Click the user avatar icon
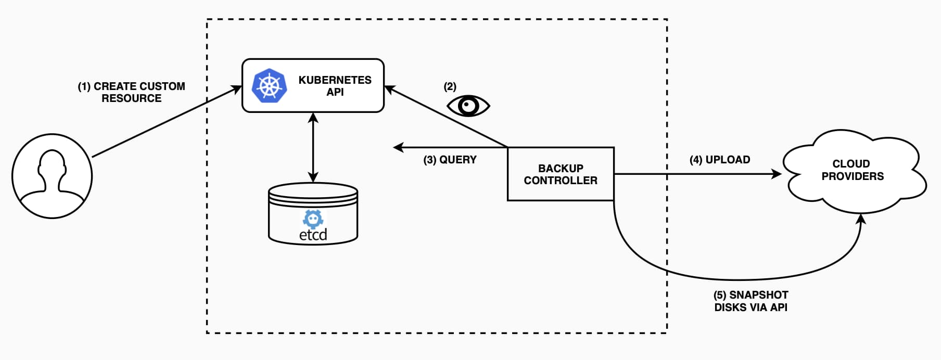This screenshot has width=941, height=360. (x=52, y=176)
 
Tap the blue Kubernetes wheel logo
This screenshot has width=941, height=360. (x=269, y=85)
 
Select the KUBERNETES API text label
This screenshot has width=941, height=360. (x=335, y=86)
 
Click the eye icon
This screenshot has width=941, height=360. (x=468, y=106)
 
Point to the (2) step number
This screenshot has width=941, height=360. (x=450, y=86)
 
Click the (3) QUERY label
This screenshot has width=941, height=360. (x=450, y=160)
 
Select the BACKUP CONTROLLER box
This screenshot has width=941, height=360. (x=561, y=174)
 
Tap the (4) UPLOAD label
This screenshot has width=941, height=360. (x=720, y=160)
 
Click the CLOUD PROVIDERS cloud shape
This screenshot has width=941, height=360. (x=853, y=172)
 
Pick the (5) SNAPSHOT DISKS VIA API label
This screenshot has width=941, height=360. (x=751, y=301)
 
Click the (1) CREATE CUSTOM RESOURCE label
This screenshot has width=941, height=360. (x=132, y=92)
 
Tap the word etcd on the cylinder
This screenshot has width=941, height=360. (x=313, y=235)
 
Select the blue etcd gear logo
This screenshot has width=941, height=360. (x=313, y=218)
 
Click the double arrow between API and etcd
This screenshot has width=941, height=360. (x=313, y=147)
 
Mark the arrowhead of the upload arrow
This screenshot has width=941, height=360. (x=777, y=174)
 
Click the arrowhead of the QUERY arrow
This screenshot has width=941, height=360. (x=398, y=148)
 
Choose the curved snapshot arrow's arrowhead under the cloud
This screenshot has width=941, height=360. (x=861, y=218)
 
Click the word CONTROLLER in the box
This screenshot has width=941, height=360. (x=561, y=181)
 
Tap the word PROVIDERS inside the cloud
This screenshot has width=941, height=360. (x=853, y=176)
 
